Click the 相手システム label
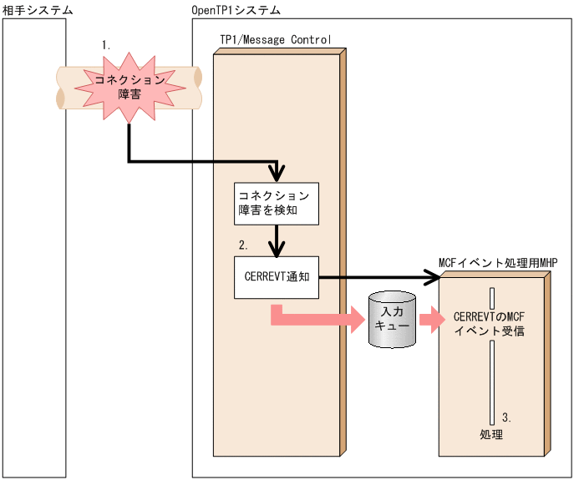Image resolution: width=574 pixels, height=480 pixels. click(37, 9)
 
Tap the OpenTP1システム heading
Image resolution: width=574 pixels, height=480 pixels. click(236, 9)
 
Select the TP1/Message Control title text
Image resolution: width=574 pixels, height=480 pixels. click(276, 38)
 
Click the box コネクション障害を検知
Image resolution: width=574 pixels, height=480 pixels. click(276, 204)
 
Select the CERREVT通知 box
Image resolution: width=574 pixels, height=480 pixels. click(276, 277)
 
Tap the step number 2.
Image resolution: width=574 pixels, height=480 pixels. click(243, 245)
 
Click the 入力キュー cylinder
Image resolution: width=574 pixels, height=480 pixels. click(392, 319)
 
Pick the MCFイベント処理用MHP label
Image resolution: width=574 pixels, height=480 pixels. click(497, 262)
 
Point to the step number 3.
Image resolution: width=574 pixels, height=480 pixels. click(506, 417)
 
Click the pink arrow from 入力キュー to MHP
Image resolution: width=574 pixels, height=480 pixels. click(431, 319)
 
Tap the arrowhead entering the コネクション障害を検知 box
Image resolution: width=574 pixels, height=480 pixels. click(277, 176)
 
